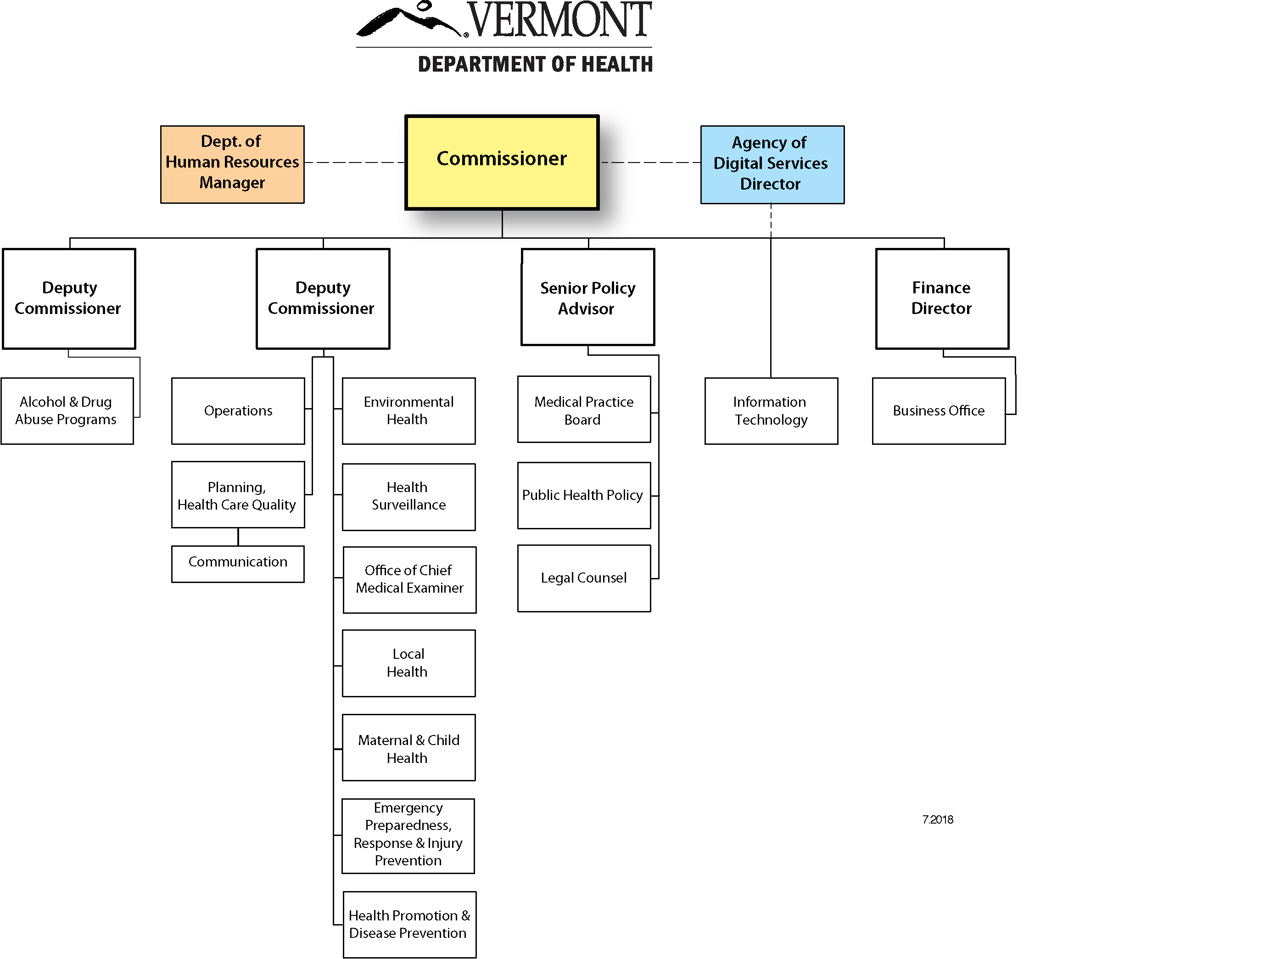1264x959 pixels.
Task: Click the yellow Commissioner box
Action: tap(502, 163)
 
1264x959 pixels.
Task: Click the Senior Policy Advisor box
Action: tap(587, 297)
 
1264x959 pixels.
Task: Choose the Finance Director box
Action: tap(942, 298)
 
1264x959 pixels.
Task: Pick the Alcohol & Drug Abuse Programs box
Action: tap(67, 411)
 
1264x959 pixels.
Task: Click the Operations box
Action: tap(238, 411)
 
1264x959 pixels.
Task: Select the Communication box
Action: tap(238, 564)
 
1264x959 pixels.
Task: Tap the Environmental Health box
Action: tap(408, 411)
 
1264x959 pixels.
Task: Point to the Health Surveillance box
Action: tap(408, 497)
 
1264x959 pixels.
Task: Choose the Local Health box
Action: tap(408, 663)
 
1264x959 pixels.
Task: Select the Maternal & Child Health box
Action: tap(408, 747)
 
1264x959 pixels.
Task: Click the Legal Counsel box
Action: tap(584, 578)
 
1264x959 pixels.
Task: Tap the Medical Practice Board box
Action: tap(584, 409)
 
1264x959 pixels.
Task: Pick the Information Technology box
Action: tap(771, 411)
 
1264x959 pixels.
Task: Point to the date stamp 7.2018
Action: tap(937, 819)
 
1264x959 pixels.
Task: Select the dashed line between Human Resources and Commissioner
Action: tap(354, 163)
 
